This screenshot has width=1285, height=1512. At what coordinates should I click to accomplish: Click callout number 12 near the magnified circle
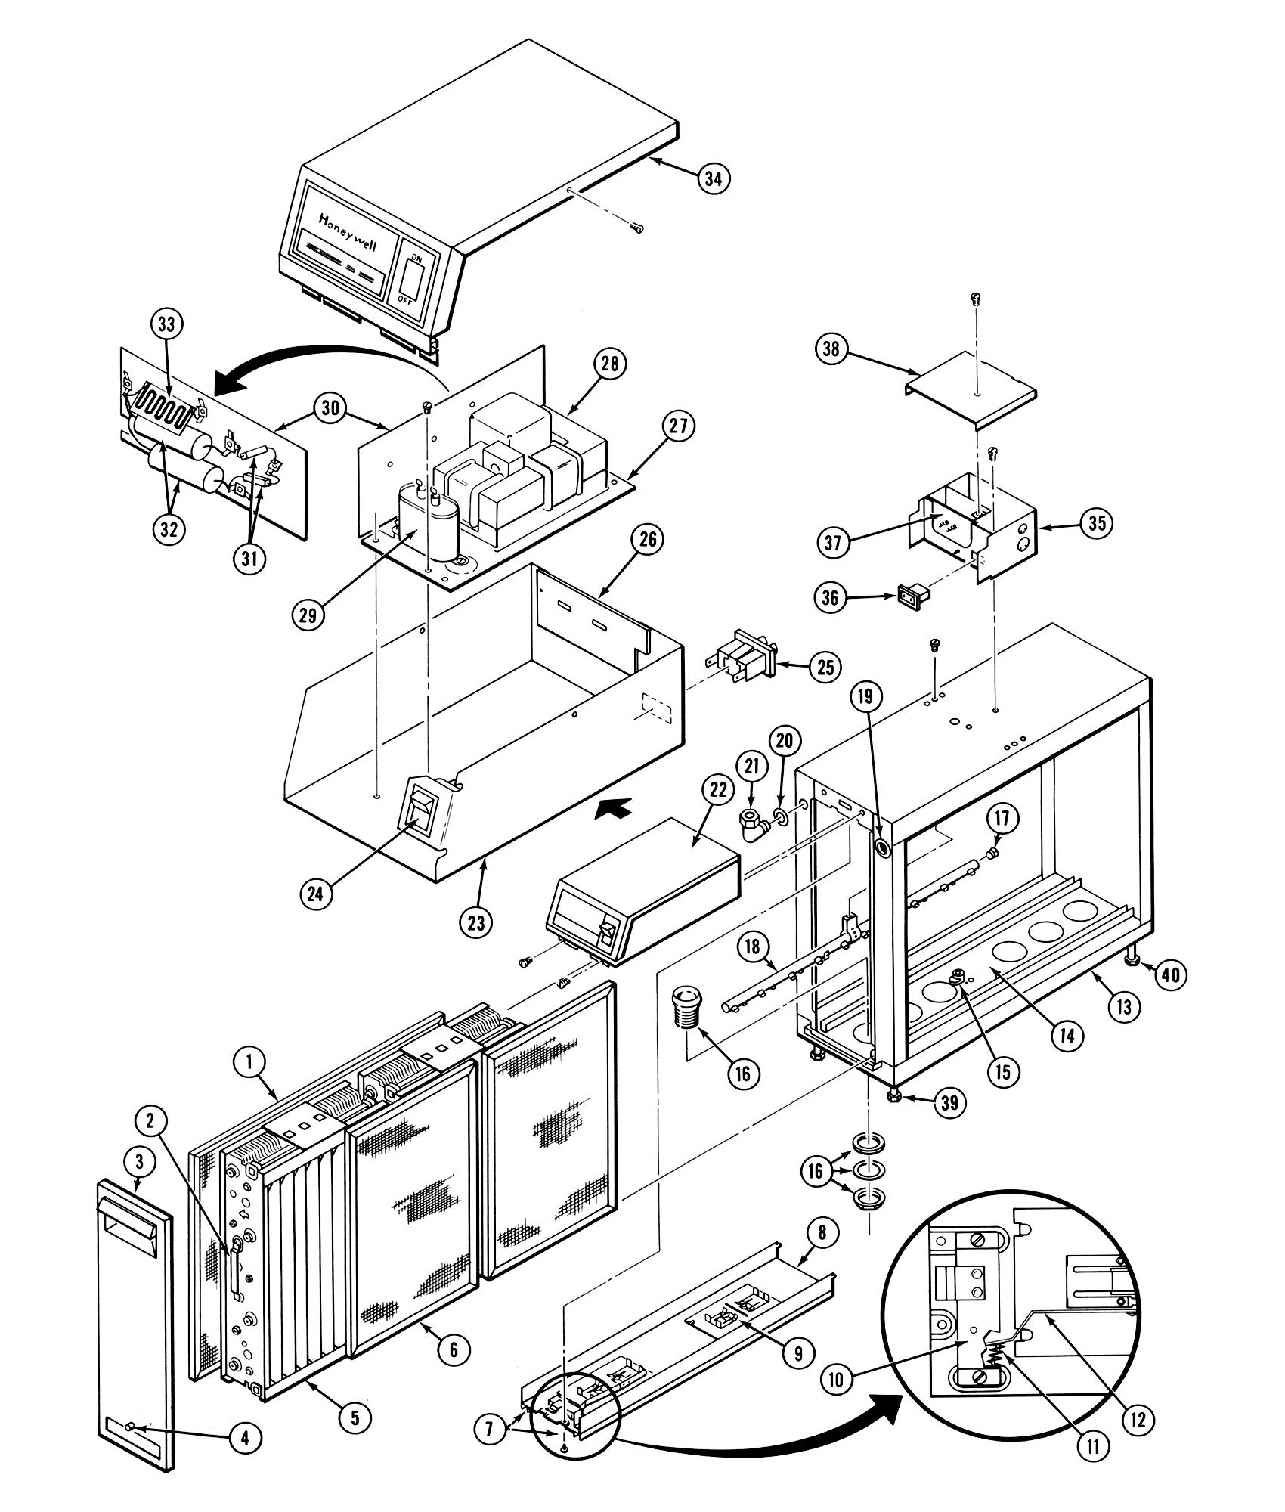pos(1142,1419)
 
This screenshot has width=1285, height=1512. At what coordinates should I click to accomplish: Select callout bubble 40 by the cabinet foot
pos(1169,975)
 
